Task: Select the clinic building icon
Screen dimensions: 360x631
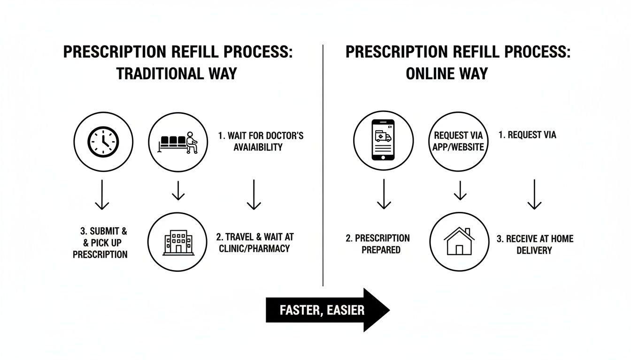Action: [178, 242]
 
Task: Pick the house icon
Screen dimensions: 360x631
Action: [459, 241]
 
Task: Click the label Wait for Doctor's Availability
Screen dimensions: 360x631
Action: [261, 141]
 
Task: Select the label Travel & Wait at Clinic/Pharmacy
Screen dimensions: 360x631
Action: [256, 242]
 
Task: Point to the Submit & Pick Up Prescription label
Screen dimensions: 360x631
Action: [100, 243]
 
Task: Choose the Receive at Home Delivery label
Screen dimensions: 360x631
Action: [535, 244]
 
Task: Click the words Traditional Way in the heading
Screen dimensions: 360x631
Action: [177, 74]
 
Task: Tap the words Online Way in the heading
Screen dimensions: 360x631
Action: [446, 74]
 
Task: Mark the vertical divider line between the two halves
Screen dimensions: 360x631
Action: [323, 164]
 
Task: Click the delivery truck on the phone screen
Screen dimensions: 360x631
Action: [383, 136]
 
